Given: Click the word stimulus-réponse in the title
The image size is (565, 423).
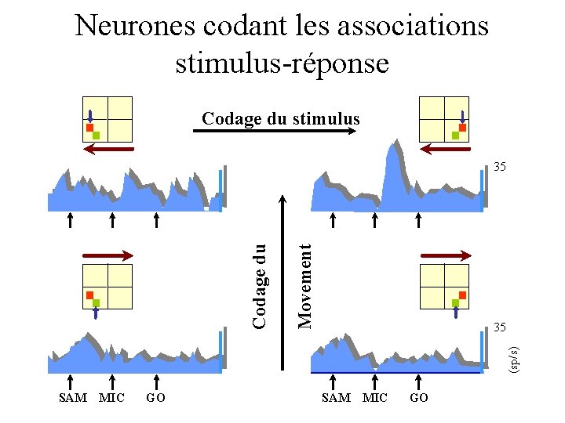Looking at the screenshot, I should point(282,63).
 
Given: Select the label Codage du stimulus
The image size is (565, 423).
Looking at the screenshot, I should point(281,119).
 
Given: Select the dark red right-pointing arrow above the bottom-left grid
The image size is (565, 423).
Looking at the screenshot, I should point(109,255).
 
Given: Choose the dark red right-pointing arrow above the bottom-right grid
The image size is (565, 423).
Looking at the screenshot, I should point(445,255).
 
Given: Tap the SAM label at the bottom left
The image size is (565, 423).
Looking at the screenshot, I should point(73,398).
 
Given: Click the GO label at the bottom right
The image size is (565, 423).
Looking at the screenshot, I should point(419,398).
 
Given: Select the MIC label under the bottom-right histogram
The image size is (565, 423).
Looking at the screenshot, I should point(375,398).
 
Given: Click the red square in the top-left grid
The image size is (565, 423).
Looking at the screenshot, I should point(89,127).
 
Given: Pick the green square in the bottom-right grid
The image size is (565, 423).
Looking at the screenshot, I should point(455,302).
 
